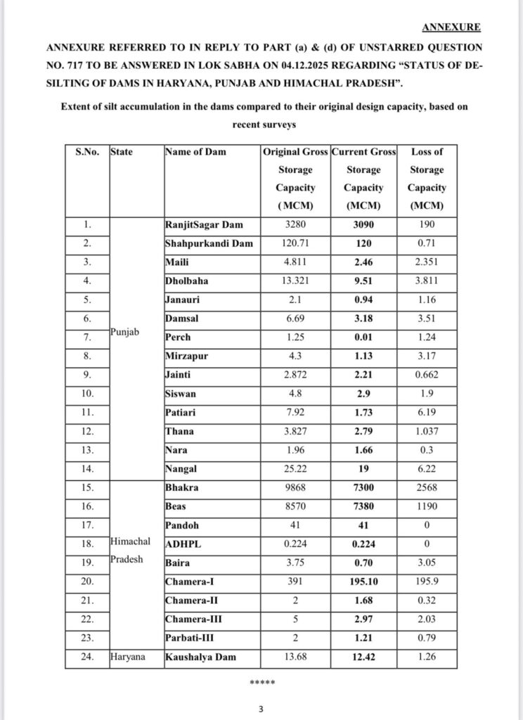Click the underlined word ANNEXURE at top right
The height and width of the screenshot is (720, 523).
[451, 27]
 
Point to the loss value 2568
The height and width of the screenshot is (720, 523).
[427, 486]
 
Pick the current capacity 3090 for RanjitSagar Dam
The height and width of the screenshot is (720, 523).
[363, 225]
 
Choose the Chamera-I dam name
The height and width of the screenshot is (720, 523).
[192, 581]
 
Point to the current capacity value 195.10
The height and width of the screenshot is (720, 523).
[363, 581]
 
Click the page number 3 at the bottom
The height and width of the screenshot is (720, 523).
[261, 709]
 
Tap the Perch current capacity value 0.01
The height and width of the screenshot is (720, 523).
[363, 337]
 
